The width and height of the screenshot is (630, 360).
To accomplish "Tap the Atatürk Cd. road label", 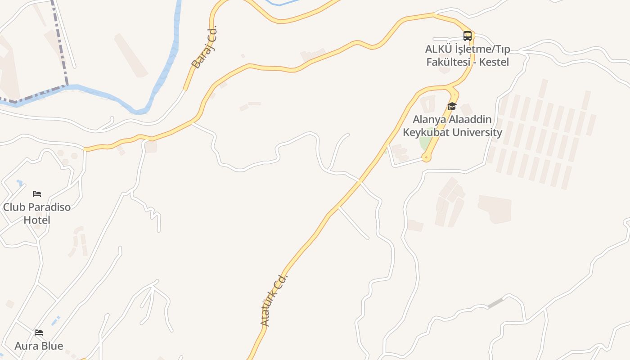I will (x=274, y=300).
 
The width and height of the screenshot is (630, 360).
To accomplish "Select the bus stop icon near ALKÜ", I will (x=468, y=36).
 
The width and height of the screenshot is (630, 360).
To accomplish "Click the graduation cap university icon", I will (x=452, y=107).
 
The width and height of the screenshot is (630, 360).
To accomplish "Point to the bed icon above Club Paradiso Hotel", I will (x=37, y=194).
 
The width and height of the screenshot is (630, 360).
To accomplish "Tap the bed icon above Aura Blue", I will (x=39, y=333).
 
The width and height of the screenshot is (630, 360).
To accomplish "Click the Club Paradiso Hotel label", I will (x=37, y=213).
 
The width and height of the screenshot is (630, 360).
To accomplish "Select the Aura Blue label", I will (x=39, y=346).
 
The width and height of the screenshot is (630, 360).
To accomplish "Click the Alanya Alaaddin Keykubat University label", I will (x=452, y=126).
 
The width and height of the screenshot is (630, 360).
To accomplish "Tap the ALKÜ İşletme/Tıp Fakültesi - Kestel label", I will (x=468, y=55).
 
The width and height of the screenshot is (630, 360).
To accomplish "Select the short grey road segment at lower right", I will (x=495, y=303).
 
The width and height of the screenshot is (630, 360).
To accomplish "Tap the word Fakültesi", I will (x=448, y=62).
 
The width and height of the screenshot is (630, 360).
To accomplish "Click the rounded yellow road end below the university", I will (x=426, y=157).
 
